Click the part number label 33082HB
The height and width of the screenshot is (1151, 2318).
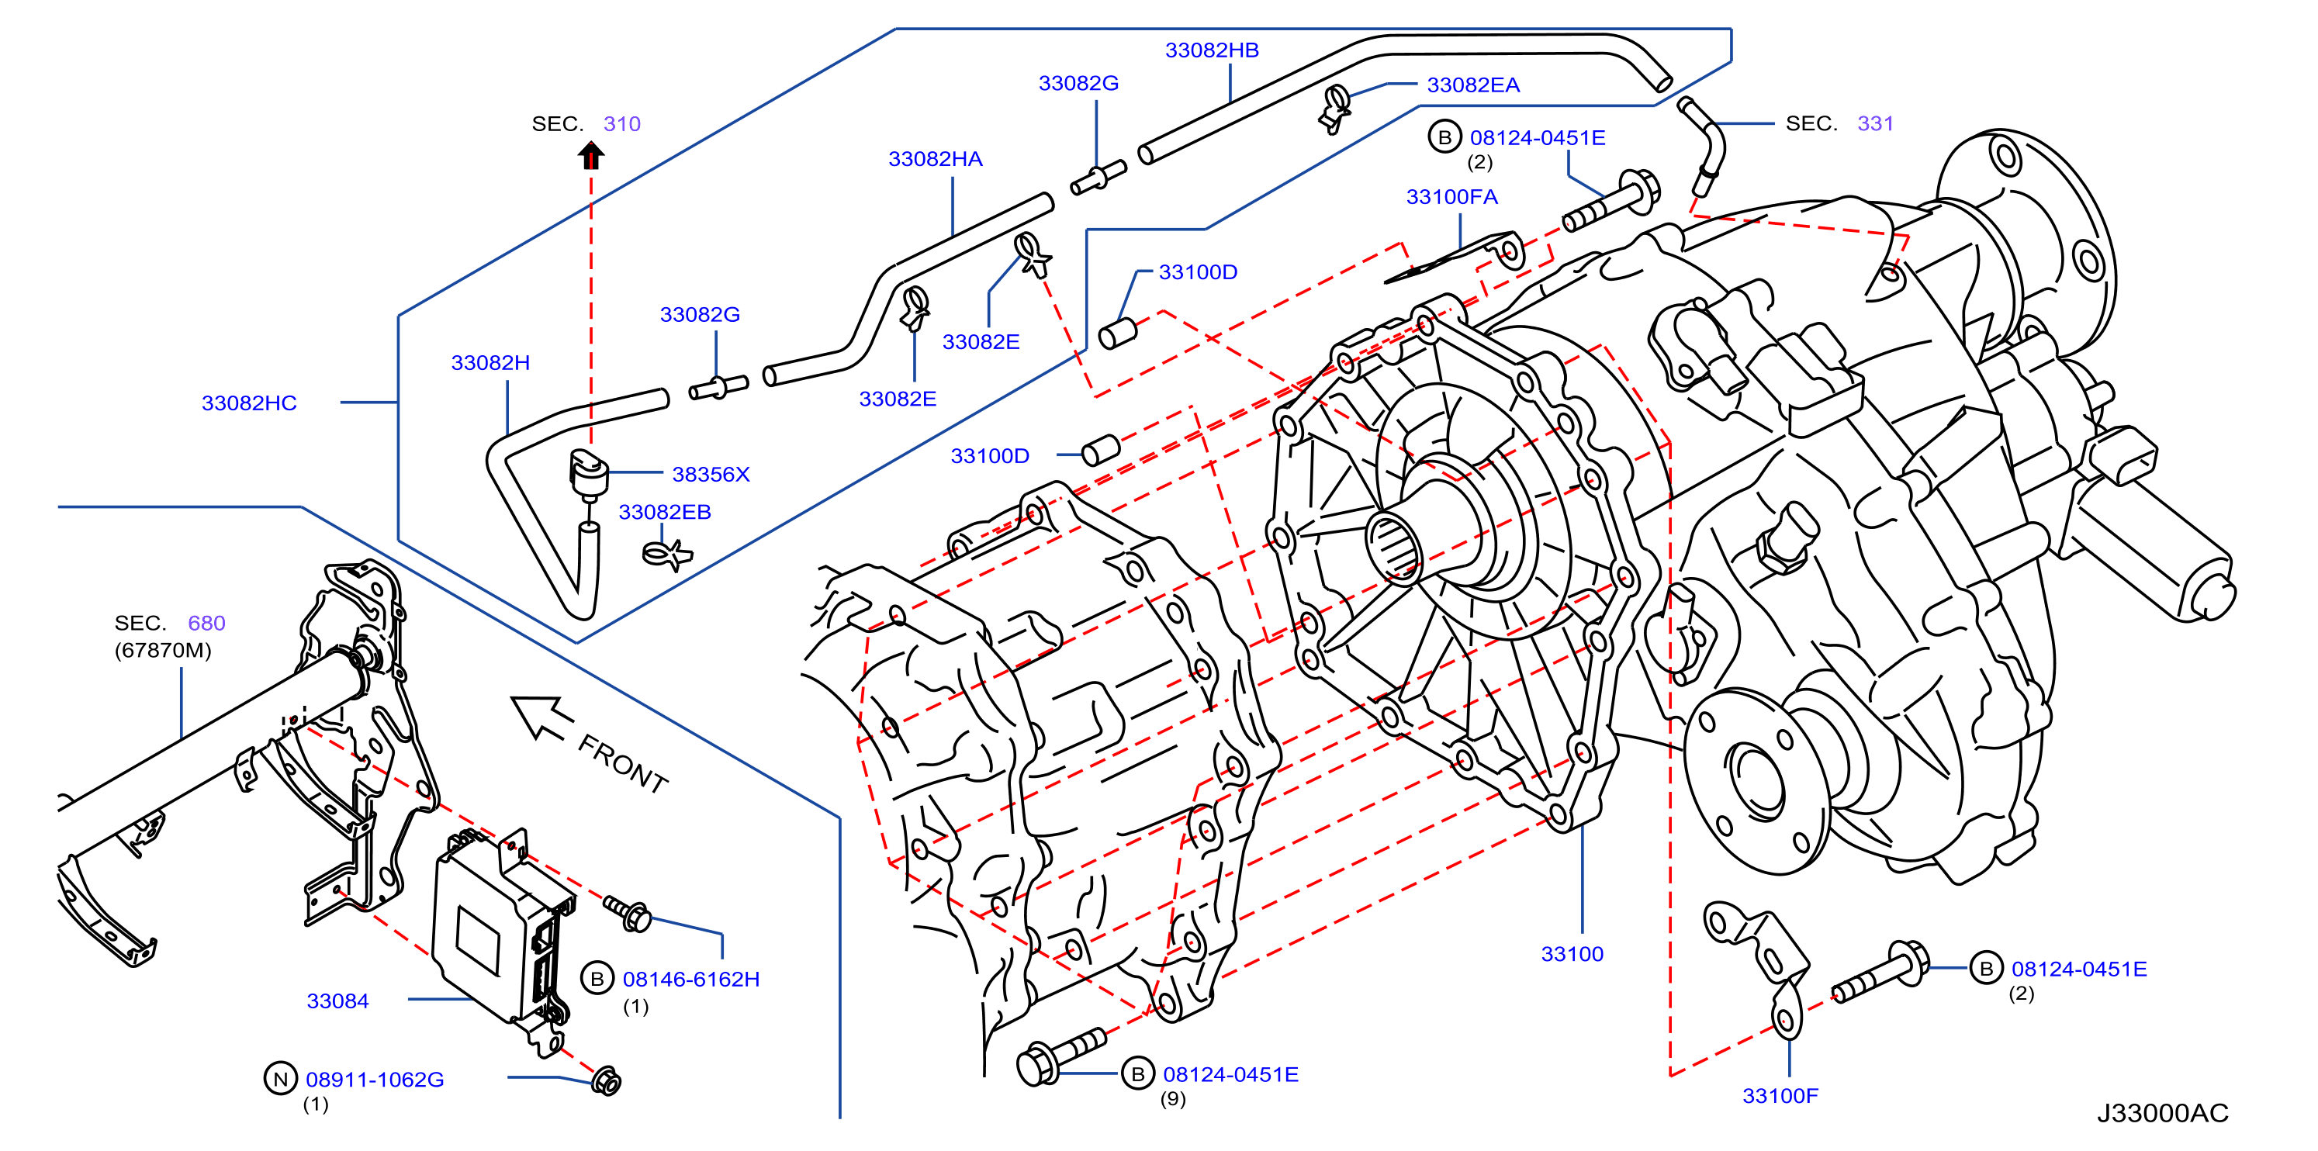coord(1211,50)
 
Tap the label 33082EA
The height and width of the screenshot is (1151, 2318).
coord(1473,85)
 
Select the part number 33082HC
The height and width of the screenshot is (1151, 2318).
coord(249,403)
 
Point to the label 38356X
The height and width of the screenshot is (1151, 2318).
coord(711,473)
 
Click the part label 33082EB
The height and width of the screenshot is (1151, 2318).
coord(665,511)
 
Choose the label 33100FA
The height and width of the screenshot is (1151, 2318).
coord(1451,196)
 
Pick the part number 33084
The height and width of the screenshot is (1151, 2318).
coord(337,1000)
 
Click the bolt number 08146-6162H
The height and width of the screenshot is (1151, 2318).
coord(691,978)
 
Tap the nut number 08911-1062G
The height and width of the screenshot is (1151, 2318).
coord(375,1078)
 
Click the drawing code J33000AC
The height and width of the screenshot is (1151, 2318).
coord(2162,1112)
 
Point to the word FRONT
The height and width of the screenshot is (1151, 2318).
coord(623,763)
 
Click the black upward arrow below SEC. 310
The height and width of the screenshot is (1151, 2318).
coord(590,155)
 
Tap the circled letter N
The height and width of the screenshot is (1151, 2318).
coord(280,1078)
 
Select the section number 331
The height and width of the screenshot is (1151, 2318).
coord(1875,123)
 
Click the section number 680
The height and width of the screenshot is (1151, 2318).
coord(206,623)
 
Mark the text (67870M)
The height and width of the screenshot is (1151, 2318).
coord(163,650)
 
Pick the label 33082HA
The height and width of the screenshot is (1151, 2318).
coord(935,158)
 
